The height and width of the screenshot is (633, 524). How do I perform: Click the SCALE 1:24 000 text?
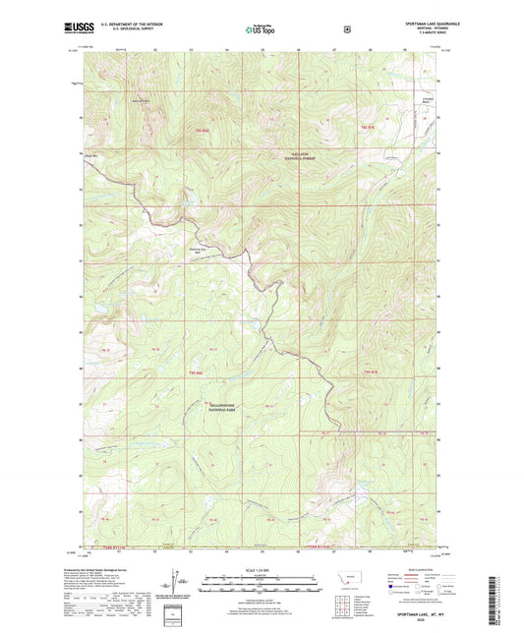point(261,571)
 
